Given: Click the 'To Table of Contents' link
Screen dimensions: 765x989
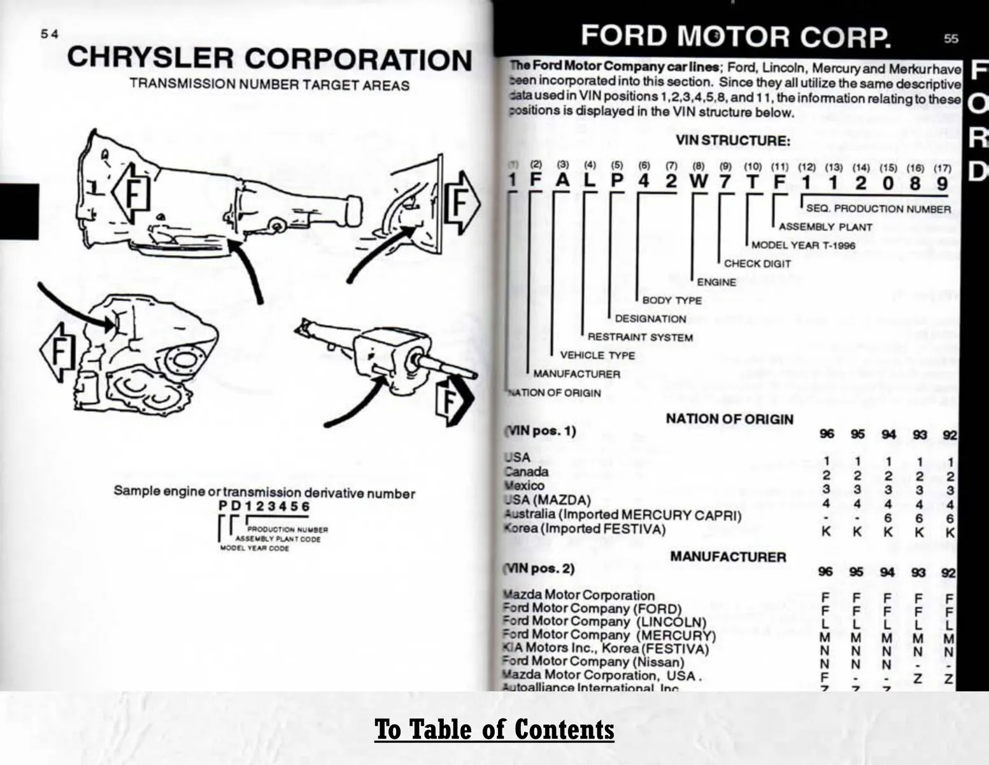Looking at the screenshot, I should (494, 729).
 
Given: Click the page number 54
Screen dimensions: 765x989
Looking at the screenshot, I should (50, 34).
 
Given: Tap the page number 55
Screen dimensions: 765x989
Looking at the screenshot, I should (950, 39).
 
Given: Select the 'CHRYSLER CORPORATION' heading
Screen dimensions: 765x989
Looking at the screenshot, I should (269, 59).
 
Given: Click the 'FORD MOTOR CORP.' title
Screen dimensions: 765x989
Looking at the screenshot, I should (735, 37).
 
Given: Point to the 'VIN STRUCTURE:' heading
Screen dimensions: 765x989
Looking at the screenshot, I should (732, 140).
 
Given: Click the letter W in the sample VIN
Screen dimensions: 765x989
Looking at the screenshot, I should (698, 182).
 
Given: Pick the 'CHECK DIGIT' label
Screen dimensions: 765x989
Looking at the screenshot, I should (757, 264).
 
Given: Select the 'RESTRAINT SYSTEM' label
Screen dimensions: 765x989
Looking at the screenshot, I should (640, 337).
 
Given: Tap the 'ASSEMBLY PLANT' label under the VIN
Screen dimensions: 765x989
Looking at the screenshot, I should (825, 227).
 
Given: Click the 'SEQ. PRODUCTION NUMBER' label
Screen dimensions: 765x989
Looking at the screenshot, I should (878, 209).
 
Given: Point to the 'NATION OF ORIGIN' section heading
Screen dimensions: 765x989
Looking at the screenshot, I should (729, 419).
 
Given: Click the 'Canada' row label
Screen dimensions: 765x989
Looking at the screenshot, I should (527, 472).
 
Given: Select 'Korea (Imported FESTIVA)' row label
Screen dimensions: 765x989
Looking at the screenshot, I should (585, 529).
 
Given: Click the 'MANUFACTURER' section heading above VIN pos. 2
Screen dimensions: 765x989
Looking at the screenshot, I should (728, 557).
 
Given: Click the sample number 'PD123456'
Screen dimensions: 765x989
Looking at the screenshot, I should (264, 506).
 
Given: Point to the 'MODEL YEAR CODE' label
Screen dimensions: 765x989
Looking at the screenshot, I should (254, 548).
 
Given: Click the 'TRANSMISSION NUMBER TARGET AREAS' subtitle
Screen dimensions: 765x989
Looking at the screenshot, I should (269, 85).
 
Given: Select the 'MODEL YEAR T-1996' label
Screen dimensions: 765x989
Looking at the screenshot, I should (803, 245).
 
